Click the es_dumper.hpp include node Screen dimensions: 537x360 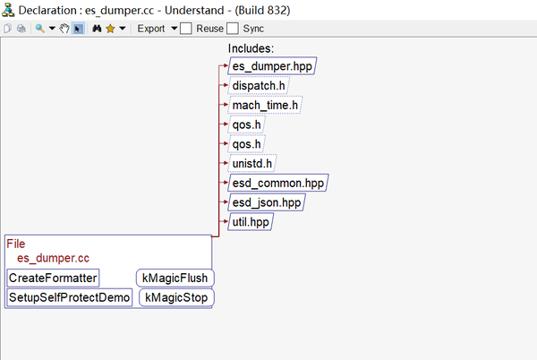pyautogui.click(x=272, y=65)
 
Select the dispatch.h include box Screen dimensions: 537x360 pyautogui.click(x=259, y=85)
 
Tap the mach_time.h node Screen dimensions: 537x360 pyautogui.click(x=265, y=105)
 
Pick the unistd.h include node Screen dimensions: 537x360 pyautogui.click(x=252, y=163)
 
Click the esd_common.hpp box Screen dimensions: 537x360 pyautogui.click(x=278, y=183)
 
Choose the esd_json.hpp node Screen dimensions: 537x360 pyautogui.click(x=267, y=202)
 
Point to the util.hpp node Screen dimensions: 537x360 pyautogui.click(x=251, y=222)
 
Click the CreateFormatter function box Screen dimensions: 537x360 pyautogui.click(x=53, y=278)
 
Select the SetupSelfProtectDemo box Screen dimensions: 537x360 pyautogui.click(x=70, y=297)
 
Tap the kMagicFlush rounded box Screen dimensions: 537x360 pyautogui.click(x=175, y=278)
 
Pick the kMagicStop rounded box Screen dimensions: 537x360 pyautogui.click(x=176, y=297)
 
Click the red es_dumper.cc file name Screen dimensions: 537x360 pyautogui.click(x=53, y=258)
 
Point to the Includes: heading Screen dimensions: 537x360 pyautogui.click(x=251, y=48)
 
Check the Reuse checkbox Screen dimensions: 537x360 pyautogui.click(x=185, y=29)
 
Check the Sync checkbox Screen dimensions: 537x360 pyautogui.click(x=233, y=29)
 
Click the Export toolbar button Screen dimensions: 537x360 pyautogui.click(x=151, y=29)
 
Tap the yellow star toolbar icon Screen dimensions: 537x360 pyautogui.click(x=110, y=29)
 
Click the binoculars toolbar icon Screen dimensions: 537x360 pyautogui.click(x=97, y=29)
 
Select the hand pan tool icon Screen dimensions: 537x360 pyautogui.click(x=64, y=29)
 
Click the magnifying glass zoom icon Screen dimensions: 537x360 pyautogui.click(x=40, y=29)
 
